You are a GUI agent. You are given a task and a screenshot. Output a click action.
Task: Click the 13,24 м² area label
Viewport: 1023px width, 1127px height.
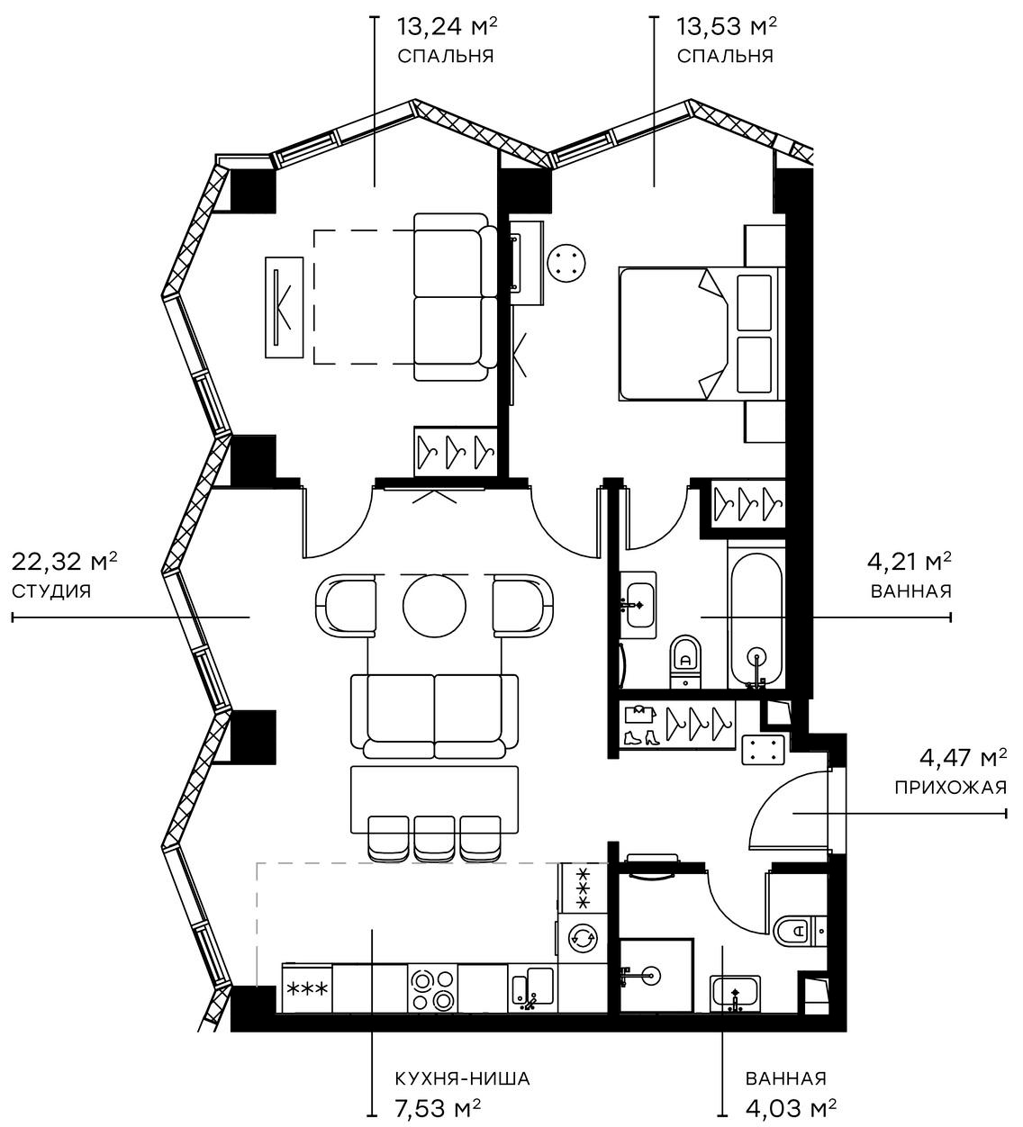click(x=448, y=25)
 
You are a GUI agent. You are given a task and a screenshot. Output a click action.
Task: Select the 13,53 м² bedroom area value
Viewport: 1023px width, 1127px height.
click(x=727, y=25)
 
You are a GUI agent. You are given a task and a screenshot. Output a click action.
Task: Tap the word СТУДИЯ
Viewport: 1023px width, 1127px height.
click(x=51, y=591)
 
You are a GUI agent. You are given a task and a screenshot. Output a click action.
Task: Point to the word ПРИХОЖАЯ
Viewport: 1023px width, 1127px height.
click(x=950, y=788)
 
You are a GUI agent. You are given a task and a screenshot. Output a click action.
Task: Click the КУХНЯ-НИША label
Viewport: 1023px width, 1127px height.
click(x=462, y=1078)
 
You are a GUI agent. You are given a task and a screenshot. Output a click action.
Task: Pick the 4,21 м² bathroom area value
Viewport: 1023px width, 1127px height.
click(x=910, y=563)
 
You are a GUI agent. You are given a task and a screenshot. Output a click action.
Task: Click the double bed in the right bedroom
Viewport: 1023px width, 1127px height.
click(x=693, y=333)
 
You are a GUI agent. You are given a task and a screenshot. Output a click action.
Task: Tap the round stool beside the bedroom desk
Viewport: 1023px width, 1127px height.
click(x=567, y=263)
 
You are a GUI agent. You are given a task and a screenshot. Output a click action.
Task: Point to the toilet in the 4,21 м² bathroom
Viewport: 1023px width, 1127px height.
click(x=685, y=662)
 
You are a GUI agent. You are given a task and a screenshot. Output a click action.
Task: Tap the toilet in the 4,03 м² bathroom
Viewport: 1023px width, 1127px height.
click(x=793, y=929)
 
